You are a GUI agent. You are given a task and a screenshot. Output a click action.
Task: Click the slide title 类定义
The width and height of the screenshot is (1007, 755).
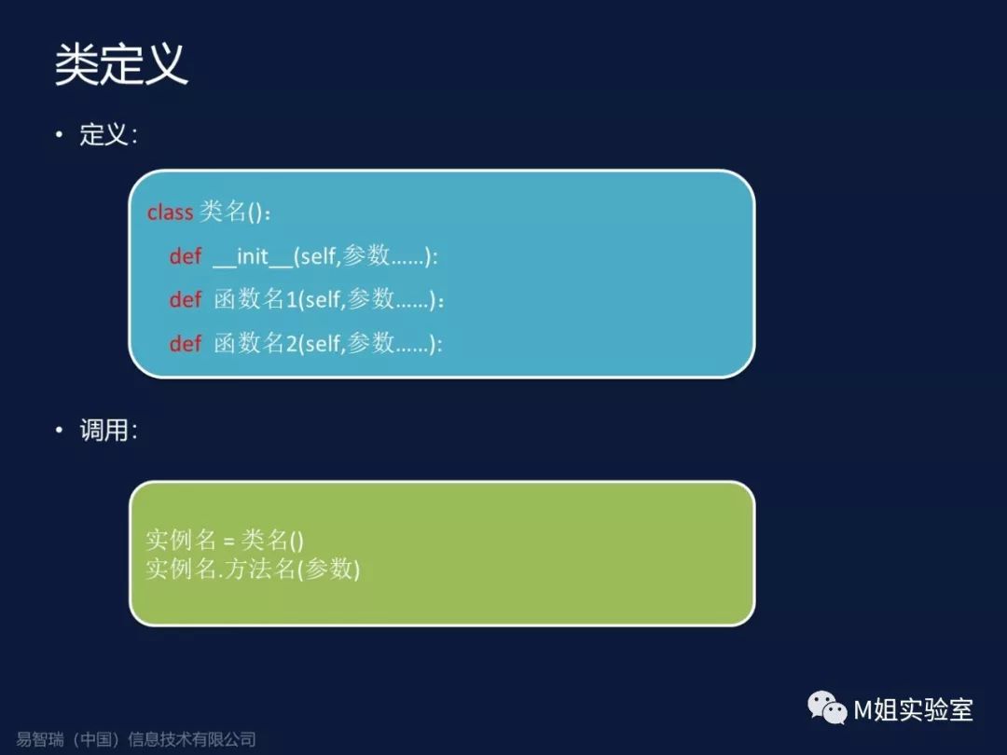(121, 64)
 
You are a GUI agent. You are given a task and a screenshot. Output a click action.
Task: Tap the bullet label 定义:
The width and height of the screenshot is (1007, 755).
(108, 135)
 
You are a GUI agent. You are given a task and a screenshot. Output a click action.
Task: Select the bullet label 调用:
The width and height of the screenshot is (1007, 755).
(108, 430)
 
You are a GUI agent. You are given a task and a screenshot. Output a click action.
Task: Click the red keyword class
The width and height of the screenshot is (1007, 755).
(171, 212)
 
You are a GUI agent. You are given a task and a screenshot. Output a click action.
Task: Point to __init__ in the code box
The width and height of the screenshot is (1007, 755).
(253, 257)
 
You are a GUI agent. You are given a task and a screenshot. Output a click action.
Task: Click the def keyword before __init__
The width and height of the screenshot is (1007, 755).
(186, 256)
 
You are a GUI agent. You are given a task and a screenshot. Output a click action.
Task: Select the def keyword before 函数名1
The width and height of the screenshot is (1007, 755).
(186, 299)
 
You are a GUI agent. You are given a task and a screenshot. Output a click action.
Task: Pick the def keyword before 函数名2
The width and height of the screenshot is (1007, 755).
(186, 343)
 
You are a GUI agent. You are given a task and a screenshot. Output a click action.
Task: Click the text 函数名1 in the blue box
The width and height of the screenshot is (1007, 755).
(255, 299)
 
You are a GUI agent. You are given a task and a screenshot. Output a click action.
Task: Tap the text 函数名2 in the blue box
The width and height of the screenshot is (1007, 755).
(255, 343)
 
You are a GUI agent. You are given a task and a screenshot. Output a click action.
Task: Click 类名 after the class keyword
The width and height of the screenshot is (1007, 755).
(222, 212)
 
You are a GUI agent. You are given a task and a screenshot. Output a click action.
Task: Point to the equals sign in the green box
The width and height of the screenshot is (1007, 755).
(228, 542)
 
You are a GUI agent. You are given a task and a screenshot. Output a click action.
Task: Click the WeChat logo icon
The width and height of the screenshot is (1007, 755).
(827, 708)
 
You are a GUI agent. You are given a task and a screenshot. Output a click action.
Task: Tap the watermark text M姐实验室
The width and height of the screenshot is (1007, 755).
(913, 710)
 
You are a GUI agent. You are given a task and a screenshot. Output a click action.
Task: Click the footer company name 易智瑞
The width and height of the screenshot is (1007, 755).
(40, 739)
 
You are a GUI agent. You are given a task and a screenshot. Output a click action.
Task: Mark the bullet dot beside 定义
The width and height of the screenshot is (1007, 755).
(59, 134)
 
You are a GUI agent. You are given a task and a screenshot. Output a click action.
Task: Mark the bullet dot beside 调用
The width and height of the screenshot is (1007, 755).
(59, 430)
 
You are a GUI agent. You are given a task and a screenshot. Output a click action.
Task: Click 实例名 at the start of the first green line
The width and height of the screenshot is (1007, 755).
(181, 540)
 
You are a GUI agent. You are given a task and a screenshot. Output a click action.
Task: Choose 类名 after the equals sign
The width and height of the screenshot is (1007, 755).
(265, 540)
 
